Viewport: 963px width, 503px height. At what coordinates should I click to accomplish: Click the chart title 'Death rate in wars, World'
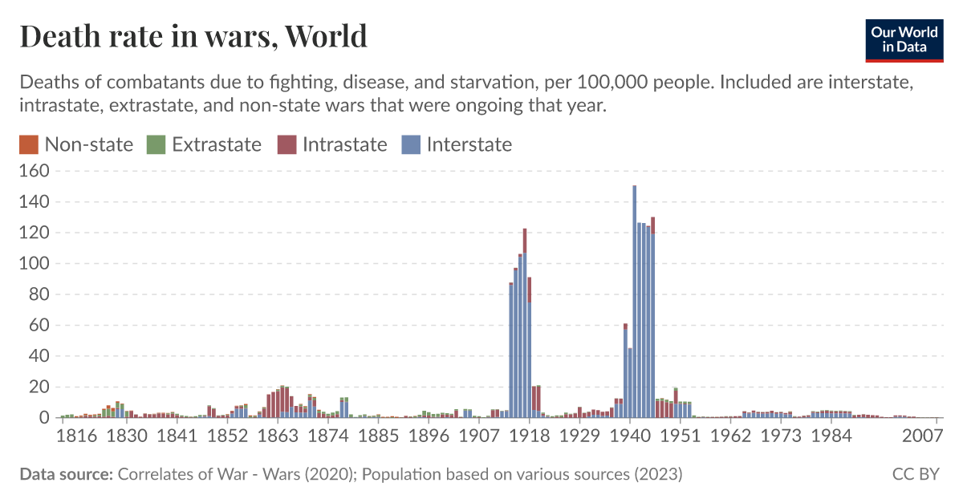pos(193,36)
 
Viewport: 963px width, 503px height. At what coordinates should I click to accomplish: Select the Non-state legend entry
pos(76,144)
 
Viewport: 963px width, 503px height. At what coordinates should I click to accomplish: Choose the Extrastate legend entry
pos(204,144)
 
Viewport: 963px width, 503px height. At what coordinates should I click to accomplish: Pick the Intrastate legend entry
pos(332,144)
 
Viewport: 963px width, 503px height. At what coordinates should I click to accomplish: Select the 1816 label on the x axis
pos(77,436)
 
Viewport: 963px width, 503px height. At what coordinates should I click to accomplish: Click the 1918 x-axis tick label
pos(529,436)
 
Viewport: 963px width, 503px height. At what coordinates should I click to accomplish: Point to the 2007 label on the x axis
pos(921,436)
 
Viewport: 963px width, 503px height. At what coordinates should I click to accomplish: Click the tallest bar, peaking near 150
pos(634,305)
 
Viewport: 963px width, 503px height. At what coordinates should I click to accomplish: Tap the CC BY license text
pos(915,474)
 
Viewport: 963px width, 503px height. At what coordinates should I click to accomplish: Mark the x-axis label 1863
pos(278,436)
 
